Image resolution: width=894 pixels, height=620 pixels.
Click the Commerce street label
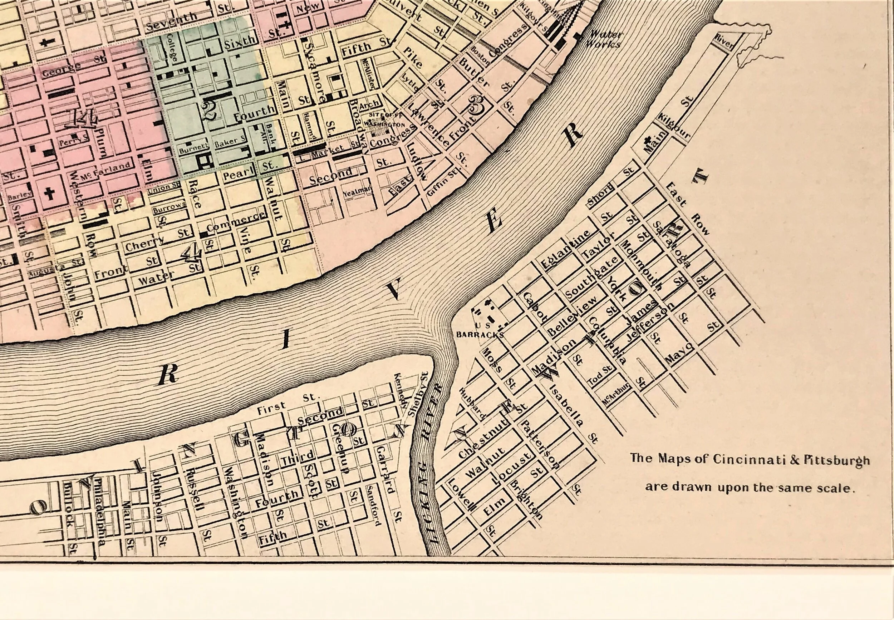(x=236, y=221)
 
